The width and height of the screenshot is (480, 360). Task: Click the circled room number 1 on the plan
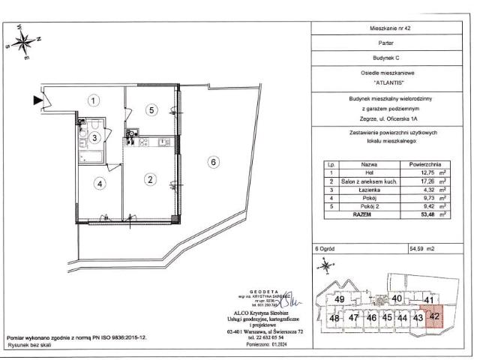(x=92, y=100)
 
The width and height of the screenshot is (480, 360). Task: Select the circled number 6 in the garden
(x=214, y=161)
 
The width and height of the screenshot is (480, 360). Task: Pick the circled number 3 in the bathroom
(x=95, y=137)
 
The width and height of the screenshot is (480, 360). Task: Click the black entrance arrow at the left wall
(x=37, y=98)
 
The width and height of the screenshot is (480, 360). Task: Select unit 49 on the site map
(x=340, y=300)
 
